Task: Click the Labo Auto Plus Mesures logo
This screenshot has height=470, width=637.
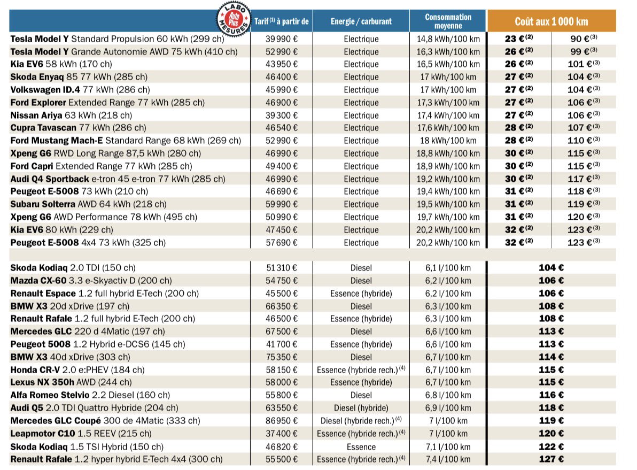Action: tap(232, 19)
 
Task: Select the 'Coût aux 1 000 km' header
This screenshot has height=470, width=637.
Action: tap(551, 21)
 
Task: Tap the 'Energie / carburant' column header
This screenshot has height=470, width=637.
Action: tap(361, 21)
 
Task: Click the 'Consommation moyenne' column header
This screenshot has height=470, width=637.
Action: tap(448, 21)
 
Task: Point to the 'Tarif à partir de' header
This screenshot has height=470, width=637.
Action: tap(282, 21)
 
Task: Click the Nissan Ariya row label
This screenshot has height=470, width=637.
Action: tap(71, 115)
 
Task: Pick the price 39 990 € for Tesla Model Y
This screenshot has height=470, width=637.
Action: tap(282, 39)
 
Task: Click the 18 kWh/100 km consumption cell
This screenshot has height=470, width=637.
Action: tap(448, 141)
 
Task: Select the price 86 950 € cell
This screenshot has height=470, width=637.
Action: tap(282, 421)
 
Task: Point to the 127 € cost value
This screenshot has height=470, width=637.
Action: tap(551, 459)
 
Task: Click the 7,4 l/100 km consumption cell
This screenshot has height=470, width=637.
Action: tap(448, 459)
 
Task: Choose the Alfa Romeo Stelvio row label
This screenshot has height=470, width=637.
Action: tap(90, 395)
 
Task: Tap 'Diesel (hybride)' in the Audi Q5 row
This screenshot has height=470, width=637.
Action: tap(361, 408)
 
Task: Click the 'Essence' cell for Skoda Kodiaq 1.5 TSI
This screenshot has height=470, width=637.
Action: tap(361, 446)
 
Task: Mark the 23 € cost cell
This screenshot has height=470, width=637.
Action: tap(519, 39)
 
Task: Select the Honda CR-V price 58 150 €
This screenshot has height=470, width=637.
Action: tap(282, 370)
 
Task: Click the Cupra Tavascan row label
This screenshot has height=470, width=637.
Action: tap(78, 128)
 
